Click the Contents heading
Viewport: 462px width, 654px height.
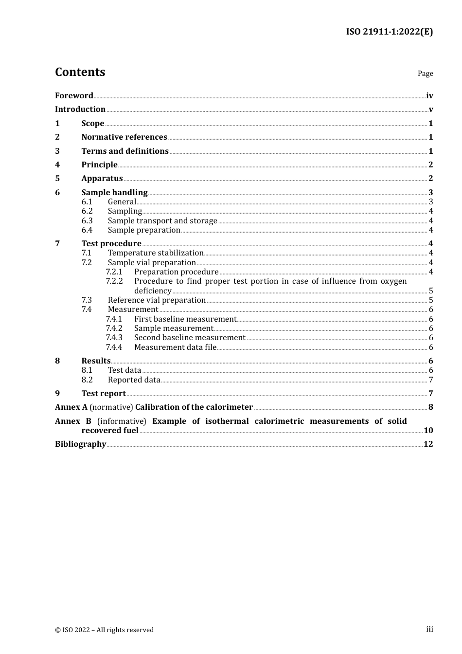click(80, 72)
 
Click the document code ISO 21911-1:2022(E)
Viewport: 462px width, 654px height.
click(389, 32)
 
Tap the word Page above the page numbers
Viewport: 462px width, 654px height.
click(425, 73)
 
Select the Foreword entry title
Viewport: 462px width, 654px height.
click(74, 95)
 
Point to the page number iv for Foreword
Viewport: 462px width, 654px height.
click(429, 96)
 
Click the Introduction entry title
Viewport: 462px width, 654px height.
click(80, 109)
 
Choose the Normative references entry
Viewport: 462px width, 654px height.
click(124, 137)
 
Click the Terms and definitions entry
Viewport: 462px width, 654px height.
click(125, 151)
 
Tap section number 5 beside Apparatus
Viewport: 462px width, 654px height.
click(57, 178)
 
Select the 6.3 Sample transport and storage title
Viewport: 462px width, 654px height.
click(162, 220)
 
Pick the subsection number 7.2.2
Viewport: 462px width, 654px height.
click(114, 281)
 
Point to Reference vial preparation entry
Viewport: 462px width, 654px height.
click(157, 300)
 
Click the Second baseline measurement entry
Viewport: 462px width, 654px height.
click(190, 337)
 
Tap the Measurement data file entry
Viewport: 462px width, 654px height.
click(175, 347)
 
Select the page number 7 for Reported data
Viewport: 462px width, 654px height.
click(431, 380)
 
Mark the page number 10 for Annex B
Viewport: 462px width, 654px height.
click(428, 430)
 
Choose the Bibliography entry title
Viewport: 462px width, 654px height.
click(80, 444)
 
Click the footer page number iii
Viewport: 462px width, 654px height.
click(429, 629)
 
